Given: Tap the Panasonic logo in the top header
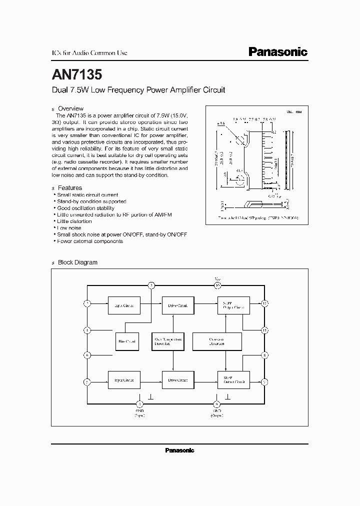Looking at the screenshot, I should pos(278,52).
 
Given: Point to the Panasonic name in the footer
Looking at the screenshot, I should pos(179,450).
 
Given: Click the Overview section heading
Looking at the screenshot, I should pos(70,108).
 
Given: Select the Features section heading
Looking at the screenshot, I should pos(70,188).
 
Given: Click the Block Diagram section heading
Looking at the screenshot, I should pos(77,262).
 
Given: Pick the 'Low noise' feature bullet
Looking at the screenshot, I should pos(69,228).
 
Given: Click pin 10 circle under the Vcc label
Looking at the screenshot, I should pos(217,285).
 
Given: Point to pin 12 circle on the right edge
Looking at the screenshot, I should pos(265,303).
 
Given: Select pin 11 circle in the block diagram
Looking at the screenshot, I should pos(265,330).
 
